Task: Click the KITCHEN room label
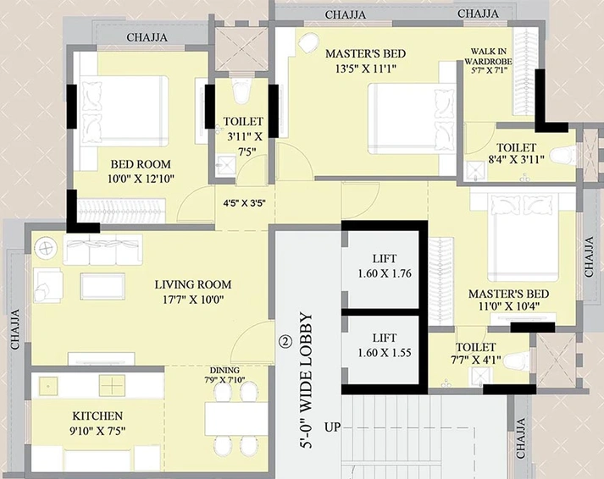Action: [97, 416]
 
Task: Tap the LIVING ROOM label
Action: [193, 284]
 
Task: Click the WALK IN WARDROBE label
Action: [489, 56]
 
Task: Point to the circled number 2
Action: [285, 341]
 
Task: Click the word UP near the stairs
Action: [332, 427]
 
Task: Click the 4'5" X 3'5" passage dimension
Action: [244, 203]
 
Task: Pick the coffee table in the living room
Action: [103, 286]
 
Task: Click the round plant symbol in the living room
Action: [46, 247]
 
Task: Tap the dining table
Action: [236, 419]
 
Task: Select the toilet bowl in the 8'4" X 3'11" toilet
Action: [563, 157]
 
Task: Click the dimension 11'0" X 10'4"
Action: [508, 306]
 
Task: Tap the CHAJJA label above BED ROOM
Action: [147, 37]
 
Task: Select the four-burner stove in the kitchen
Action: [112, 386]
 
